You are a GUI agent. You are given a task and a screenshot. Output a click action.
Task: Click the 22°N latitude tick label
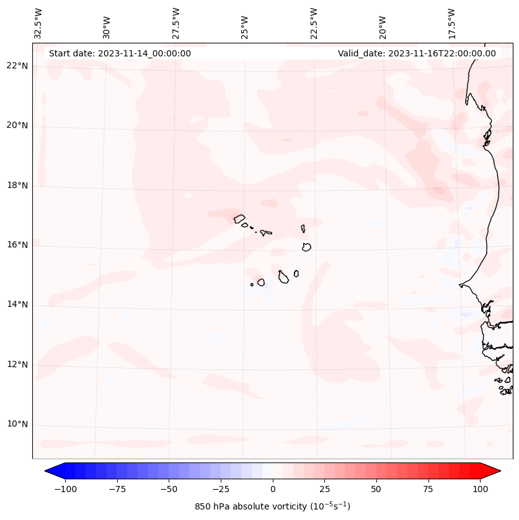[17, 66]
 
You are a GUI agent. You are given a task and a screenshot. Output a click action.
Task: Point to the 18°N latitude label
[17, 185]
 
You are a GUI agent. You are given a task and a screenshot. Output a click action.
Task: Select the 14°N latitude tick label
[17, 304]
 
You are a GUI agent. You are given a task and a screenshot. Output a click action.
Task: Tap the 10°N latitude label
[17, 424]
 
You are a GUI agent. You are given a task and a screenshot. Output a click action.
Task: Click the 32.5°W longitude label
[38, 23]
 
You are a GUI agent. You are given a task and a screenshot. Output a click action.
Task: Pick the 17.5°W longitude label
[451, 23]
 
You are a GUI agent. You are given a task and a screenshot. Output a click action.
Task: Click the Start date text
[120, 53]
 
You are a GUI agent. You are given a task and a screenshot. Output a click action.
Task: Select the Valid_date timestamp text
[417, 53]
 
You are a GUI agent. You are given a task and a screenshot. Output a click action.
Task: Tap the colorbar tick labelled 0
[273, 489]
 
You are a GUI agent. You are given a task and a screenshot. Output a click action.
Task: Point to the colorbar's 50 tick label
[376, 489]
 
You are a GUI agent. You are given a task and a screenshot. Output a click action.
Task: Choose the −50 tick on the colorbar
[168, 489]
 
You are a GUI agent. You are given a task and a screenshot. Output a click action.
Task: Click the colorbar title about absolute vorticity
[273, 506]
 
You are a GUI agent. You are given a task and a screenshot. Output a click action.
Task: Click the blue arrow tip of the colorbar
[50, 471]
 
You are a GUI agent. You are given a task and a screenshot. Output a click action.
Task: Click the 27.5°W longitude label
[176, 23]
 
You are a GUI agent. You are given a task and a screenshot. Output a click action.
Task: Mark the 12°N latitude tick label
[17, 364]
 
